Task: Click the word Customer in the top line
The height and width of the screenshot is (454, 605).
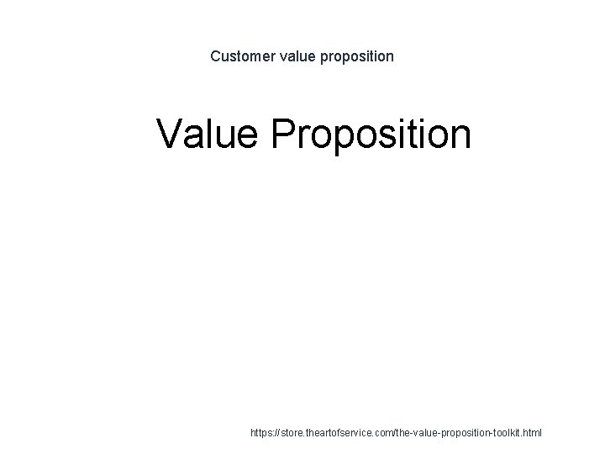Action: tap(239, 56)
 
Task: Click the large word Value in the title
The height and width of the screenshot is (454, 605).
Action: tap(208, 134)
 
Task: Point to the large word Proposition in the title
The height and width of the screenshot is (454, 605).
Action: tap(372, 135)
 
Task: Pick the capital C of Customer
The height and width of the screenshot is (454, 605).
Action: tap(215, 56)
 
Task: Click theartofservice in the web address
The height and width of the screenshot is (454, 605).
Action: tap(346, 433)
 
